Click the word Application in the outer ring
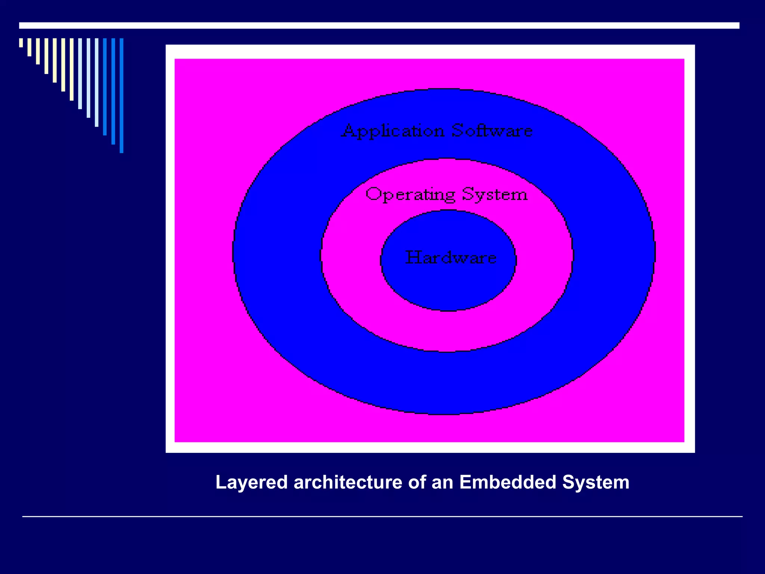click(x=393, y=131)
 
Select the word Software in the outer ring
click(x=492, y=130)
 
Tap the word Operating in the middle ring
click(x=410, y=195)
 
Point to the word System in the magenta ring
click(x=495, y=195)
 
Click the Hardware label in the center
click(x=451, y=257)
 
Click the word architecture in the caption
click(x=348, y=482)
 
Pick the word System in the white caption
click(x=596, y=482)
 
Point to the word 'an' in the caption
click(x=442, y=482)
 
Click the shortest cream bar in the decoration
click(x=21, y=43)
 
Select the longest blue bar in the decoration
click(x=121, y=95)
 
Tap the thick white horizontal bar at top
click(x=379, y=25)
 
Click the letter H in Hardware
click(x=412, y=257)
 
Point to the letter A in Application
click(x=349, y=130)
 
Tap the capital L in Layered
click(x=221, y=482)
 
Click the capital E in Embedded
click(x=465, y=482)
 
